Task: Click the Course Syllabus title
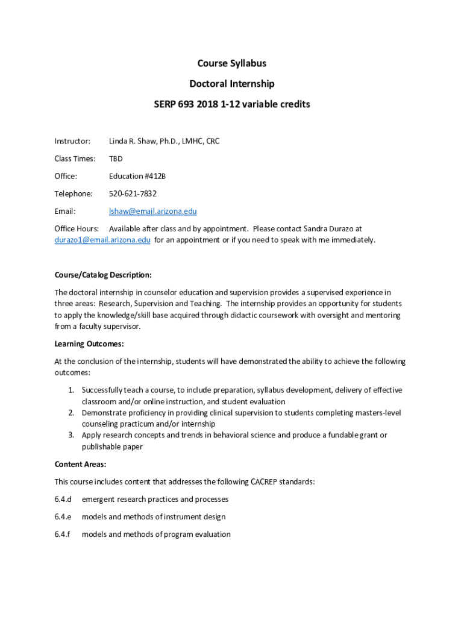coord(232,63)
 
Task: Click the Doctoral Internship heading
coord(232,84)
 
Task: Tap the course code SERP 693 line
coord(232,104)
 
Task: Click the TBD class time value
coord(116,159)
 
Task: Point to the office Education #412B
coord(137,177)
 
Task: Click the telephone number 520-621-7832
coord(133,194)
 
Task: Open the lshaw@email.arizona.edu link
coord(152,211)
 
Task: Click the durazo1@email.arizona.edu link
coord(102,240)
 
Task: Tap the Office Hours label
coord(77,229)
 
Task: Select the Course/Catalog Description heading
coord(103,275)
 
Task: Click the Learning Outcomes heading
coord(89,344)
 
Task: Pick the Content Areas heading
coord(80,465)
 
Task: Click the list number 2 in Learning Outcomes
coord(71,413)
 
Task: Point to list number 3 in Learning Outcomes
coord(71,435)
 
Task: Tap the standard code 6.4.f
coord(63,534)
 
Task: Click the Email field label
coord(65,211)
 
